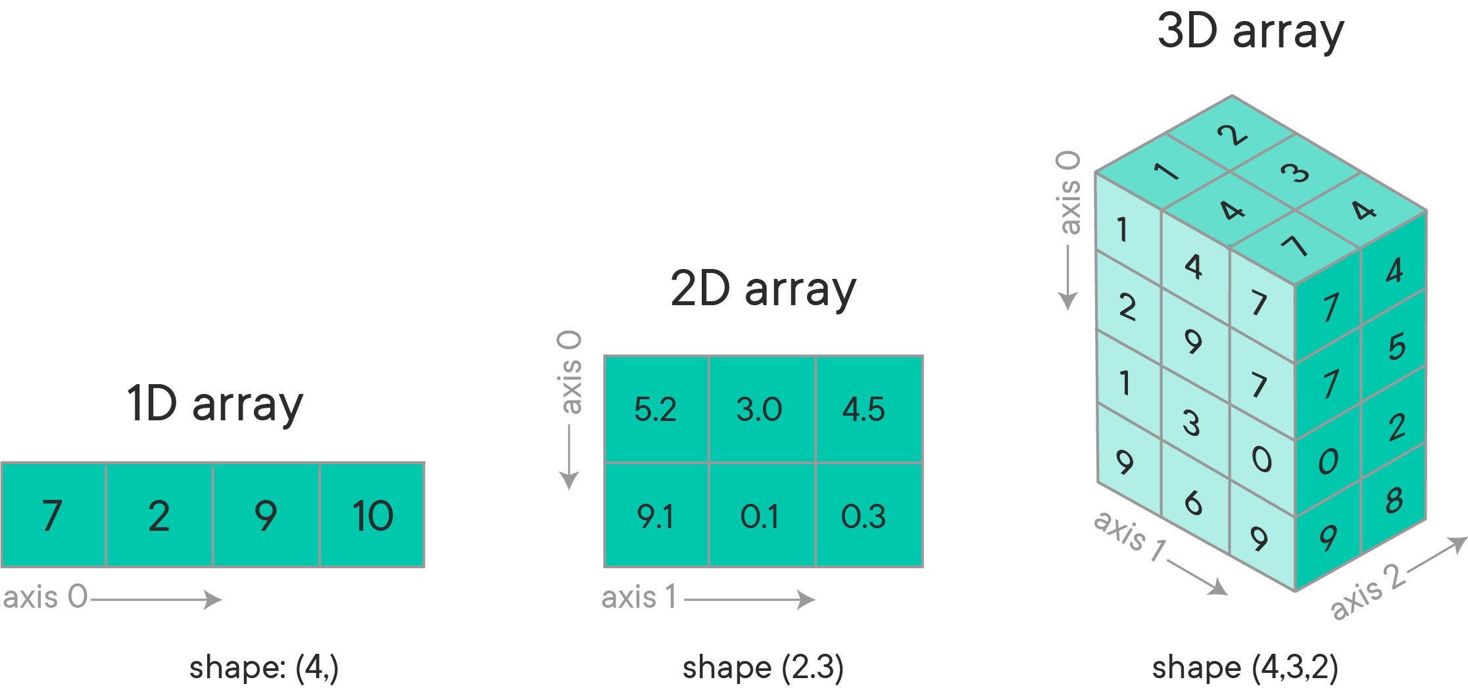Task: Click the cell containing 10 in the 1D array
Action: pos(372,515)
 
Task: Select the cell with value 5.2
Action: pos(656,409)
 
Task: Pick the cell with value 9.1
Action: pos(656,516)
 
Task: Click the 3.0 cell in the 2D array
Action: pos(761,409)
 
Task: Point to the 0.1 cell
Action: pos(761,516)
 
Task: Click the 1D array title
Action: pos(215,404)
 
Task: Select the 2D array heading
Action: pos(763,289)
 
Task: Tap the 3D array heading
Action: pos(1250,31)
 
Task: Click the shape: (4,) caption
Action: pos(264,668)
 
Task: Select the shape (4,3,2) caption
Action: pos(1245,668)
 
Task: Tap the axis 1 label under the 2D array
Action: pos(639,598)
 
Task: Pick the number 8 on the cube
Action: pos(1394,501)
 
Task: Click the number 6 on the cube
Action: pos(1193,504)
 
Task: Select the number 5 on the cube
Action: pos(1396,347)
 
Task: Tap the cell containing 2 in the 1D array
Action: pos(159,515)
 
